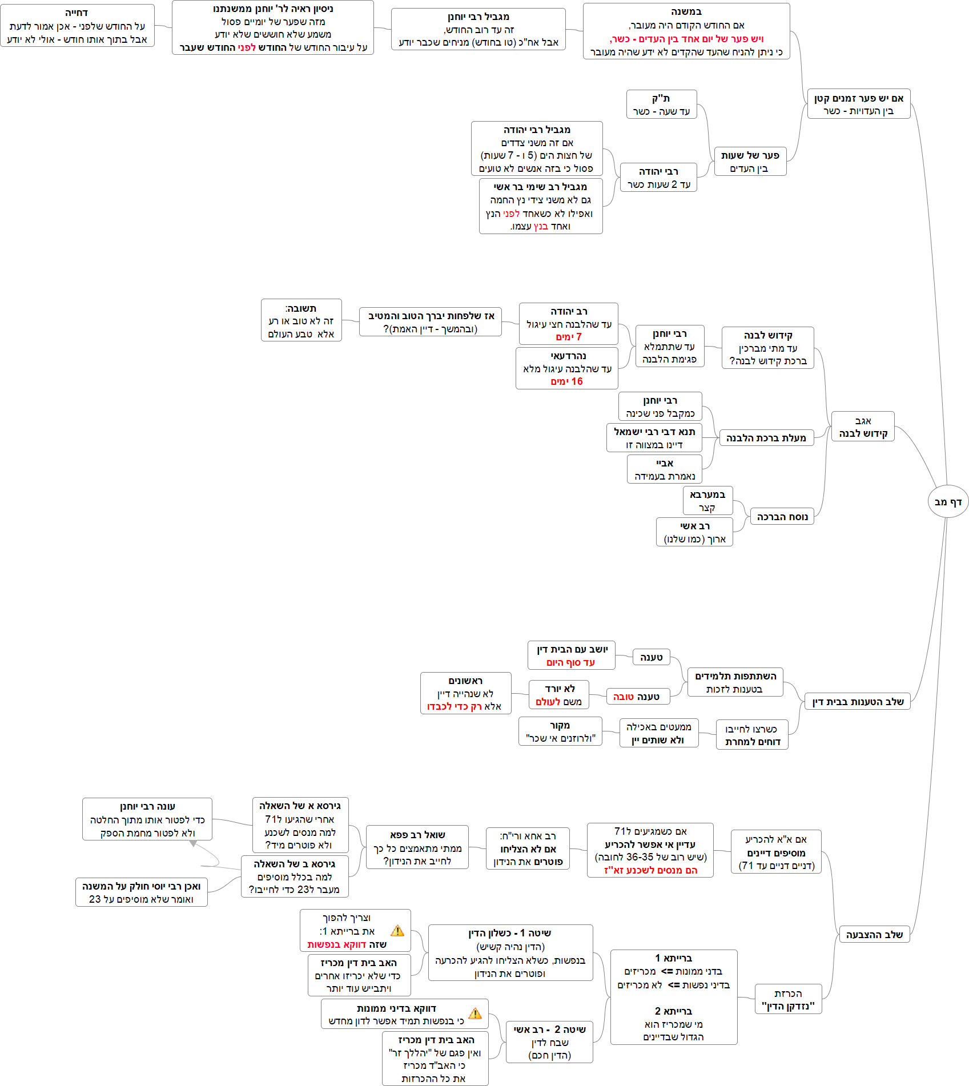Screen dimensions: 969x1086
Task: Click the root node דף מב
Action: click(948, 502)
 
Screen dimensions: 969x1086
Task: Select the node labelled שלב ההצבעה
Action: click(874, 935)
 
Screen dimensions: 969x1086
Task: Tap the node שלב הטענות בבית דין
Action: click(858, 702)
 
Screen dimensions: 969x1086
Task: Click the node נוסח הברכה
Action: click(782, 517)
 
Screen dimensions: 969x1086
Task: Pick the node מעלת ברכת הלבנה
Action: click(766, 438)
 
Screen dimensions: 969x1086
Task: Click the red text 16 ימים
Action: click(566, 381)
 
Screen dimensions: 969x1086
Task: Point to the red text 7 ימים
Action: click(568, 337)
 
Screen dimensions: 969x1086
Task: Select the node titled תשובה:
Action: click(301, 320)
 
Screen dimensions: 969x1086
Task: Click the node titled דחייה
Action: click(77, 26)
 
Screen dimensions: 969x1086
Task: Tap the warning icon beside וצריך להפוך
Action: click(397, 931)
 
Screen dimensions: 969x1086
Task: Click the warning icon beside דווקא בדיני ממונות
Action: click(475, 1013)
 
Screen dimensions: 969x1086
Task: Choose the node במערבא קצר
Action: click(707, 501)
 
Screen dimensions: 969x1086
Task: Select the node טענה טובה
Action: click(636, 697)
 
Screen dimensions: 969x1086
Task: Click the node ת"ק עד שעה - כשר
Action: click(661, 104)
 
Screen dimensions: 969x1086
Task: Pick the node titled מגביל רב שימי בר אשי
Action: click(540, 206)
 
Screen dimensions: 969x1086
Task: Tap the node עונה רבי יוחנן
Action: click(147, 819)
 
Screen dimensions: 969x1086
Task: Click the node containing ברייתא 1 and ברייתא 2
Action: click(673, 997)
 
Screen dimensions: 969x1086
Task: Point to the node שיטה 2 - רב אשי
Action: click(549, 1042)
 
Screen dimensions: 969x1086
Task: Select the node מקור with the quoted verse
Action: click(560, 731)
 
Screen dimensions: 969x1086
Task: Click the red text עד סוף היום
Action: click(570, 662)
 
